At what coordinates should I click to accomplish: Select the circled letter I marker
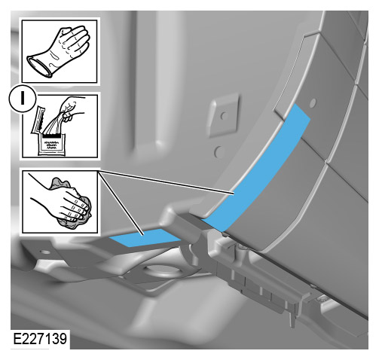15,97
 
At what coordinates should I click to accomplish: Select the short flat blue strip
143,239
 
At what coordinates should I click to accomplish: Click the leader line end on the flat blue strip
140,233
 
